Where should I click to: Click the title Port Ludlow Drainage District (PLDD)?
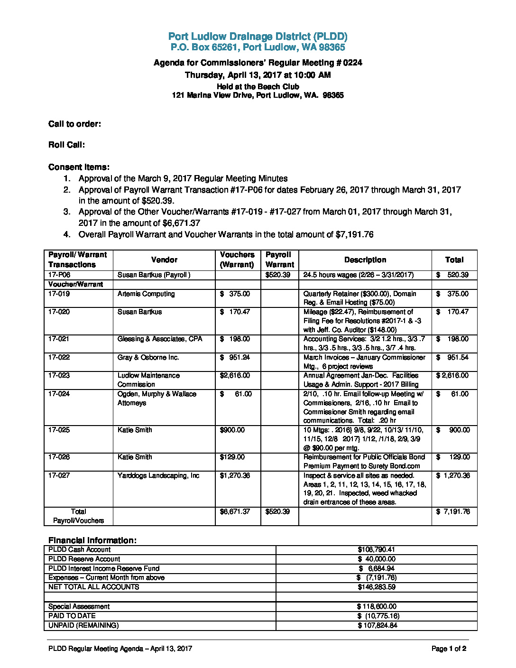[258, 37]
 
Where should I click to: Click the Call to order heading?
[74, 124]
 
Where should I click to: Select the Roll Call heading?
[66, 145]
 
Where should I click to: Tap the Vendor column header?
[164, 260]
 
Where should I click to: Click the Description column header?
[365, 260]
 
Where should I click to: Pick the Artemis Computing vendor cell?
[146, 294]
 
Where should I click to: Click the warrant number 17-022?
[59, 358]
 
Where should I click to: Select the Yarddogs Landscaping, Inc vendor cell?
[158, 476]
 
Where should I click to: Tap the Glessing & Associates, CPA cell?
[160, 339]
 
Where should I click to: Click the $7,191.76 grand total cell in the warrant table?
[453, 512]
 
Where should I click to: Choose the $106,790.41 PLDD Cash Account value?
[376, 550]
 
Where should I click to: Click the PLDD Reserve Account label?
[84, 559]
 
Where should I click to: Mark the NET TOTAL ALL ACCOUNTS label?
[94, 587]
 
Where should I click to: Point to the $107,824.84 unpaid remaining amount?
[377, 626]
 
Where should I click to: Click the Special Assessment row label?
[79, 607]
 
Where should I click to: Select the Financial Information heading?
[92, 540]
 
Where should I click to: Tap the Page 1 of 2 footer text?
[449, 649]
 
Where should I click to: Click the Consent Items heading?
[79, 167]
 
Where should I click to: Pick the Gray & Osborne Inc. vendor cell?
[148, 358]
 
